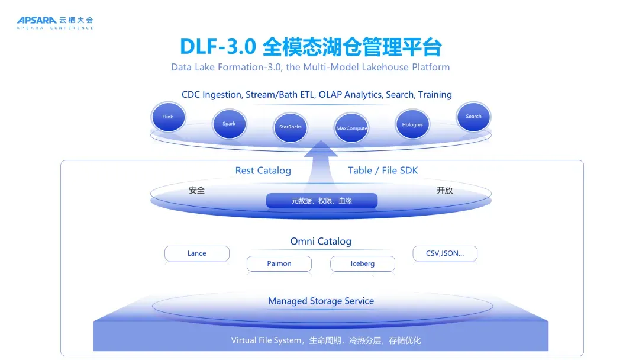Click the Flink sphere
click(168, 117)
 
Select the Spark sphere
click(229, 124)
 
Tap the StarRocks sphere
click(291, 127)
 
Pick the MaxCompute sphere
click(352, 128)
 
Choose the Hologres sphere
click(412, 125)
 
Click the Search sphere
click(473, 117)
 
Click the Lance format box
click(197, 253)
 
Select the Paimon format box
click(279, 263)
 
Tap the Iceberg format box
click(363, 263)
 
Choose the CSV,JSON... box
click(445, 253)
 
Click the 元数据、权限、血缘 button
click(321, 201)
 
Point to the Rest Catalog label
click(263, 171)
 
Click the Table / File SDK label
click(383, 171)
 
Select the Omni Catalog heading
click(321, 241)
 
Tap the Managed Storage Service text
click(321, 301)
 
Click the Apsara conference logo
click(55, 22)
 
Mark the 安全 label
click(197, 191)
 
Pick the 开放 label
click(445, 191)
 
